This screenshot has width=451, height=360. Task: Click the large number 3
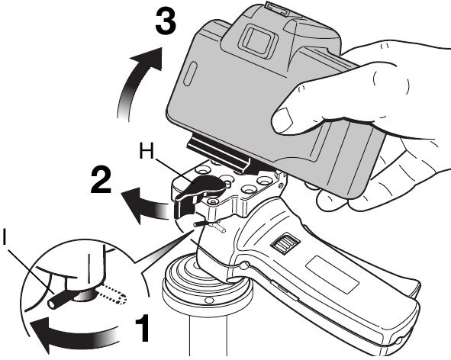click(166, 20)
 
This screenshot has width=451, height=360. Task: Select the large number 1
click(143, 328)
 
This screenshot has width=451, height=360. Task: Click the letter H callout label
click(147, 151)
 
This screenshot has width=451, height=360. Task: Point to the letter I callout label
click(5, 237)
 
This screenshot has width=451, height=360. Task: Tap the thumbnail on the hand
click(282, 119)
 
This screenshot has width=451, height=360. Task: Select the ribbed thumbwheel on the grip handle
click(284, 243)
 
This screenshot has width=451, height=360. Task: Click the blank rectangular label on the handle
click(333, 274)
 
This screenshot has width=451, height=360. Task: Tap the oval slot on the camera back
click(190, 74)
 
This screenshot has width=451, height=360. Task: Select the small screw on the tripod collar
click(208, 301)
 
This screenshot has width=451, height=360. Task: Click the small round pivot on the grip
click(244, 265)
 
